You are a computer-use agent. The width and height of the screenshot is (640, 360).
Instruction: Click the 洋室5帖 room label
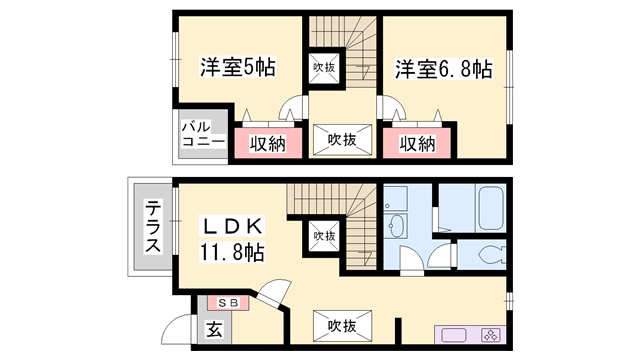pyautogui.click(x=237, y=69)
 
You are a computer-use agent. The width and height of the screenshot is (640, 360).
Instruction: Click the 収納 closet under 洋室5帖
pyautogui.click(x=266, y=143)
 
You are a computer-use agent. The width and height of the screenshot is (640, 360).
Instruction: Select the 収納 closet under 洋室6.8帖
pyautogui.click(x=417, y=143)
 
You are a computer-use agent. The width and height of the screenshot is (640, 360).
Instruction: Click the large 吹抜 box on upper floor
pyautogui.click(x=342, y=141)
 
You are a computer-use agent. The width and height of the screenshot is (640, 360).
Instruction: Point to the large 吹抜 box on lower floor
pyautogui.click(x=342, y=325)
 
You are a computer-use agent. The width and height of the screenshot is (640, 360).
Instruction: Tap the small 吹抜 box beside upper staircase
pyautogui.click(x=322, y=68)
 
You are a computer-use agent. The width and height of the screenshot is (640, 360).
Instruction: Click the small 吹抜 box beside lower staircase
pyautogui.click(x=322, y=236)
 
